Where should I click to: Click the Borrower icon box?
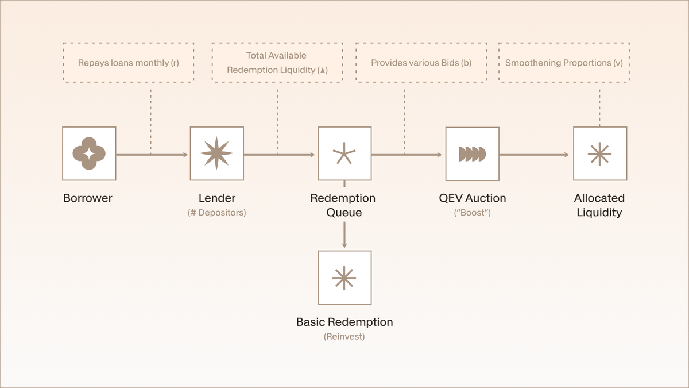tap(89, 153)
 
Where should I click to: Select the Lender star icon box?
tap(216, 153)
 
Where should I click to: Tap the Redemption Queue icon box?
tap(344, 153)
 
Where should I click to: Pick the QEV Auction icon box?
tap(472, 153)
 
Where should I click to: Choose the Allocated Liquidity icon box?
tap(600, 153)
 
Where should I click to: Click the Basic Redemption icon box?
tap(344, 277)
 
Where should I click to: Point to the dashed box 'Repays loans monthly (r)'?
tap(129, 63)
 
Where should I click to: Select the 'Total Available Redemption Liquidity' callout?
tap(277, 63)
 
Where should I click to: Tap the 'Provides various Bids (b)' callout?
tap(421, 63)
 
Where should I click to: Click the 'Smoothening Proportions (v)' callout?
tap(564, 63)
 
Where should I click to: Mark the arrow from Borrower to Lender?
tap(152, 155)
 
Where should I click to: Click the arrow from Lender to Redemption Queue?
tap(280, 155)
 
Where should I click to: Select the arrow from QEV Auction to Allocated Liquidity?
tap(535, 155)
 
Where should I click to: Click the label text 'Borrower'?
tap(88, 198)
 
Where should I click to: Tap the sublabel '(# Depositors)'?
tap(217, 213)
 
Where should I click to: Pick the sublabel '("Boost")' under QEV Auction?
tap(473, 213)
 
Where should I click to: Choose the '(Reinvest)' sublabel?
tap(344, 336)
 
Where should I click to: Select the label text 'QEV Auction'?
tap(473, 198)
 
